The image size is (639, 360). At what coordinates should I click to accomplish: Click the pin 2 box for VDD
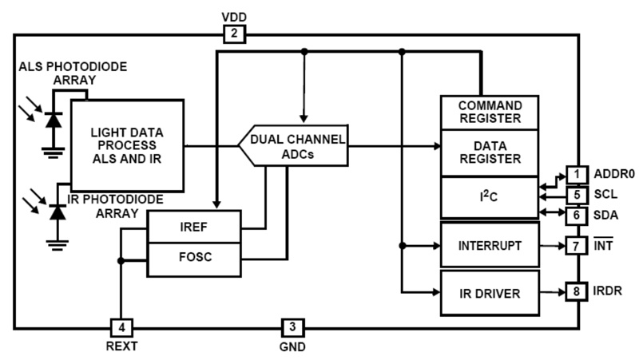click(x=234, y=34)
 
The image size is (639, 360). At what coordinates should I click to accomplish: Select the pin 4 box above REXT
click(x=121, y=326)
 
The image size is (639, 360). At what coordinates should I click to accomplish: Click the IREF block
click(x=194, y=227)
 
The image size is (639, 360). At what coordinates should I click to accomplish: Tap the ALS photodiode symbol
click(x=54, y=120)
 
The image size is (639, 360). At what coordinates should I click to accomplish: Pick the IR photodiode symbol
click(x=55, y=212)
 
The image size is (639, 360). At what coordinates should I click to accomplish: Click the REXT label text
click(x=121, y=346)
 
